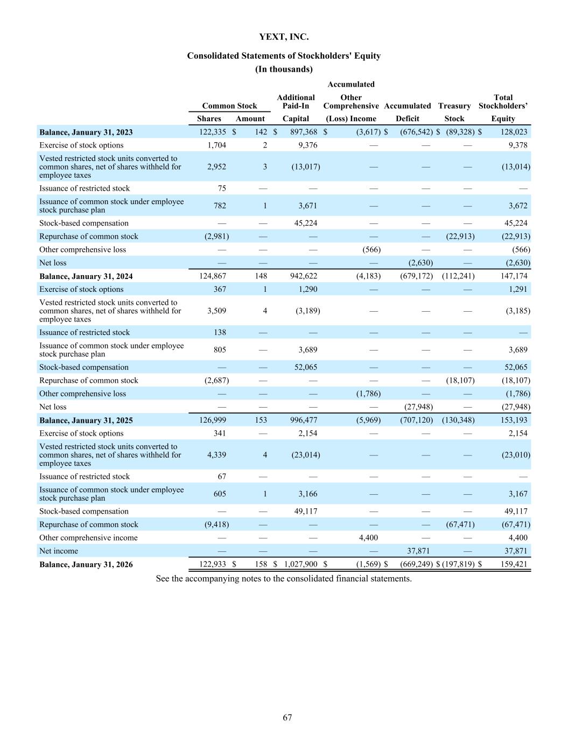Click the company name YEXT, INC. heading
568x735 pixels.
[x=284, y=37]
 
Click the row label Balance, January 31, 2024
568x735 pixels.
[x=86, y=276]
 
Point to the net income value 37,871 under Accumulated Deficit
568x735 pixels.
[x=419, y=551]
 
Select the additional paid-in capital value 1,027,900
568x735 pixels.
[x=300, y=564]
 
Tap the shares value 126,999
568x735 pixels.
[x=213, y=420]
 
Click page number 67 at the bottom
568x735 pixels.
[x=287, y=717]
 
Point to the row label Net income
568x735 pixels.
[x=59, y=551]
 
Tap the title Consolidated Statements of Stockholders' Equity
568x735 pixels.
[x=284, y=56]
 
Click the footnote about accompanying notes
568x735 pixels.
[x=284, y=579]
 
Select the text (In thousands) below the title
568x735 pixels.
[x=284, y=69]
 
